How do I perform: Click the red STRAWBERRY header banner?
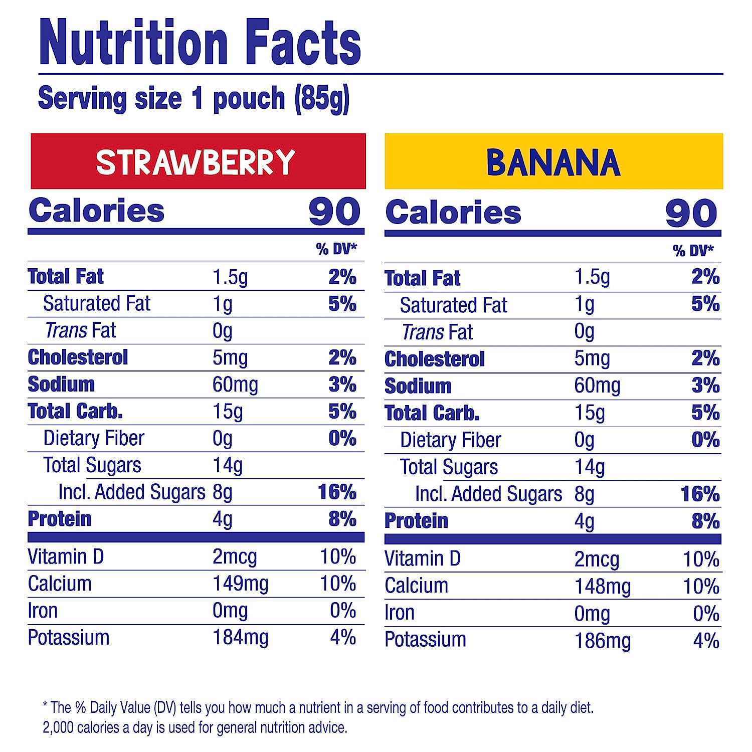[198, 161]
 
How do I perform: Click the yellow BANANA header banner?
[553, 161]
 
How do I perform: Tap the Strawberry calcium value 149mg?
[240, 584]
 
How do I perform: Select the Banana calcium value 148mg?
[602, 586]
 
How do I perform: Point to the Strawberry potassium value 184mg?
[240, 638]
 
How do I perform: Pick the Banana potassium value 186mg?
[602, 640]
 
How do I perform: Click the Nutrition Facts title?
[200, 42]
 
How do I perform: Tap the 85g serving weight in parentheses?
[322, 99]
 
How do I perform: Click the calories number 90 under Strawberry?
[334, 212]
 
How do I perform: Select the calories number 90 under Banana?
[691, 213]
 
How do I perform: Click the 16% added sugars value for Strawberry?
[337, 492]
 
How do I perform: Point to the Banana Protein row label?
[416, 521]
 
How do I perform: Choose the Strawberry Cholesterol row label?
[78, 357]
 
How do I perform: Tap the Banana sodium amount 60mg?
[597, 386]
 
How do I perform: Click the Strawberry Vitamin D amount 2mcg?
[235, 557]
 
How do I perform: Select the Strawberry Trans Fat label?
[80, 330]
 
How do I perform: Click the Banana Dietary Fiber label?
[450, 440]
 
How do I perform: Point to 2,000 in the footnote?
[58, 727]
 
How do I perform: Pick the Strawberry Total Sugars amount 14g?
[228, 465]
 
